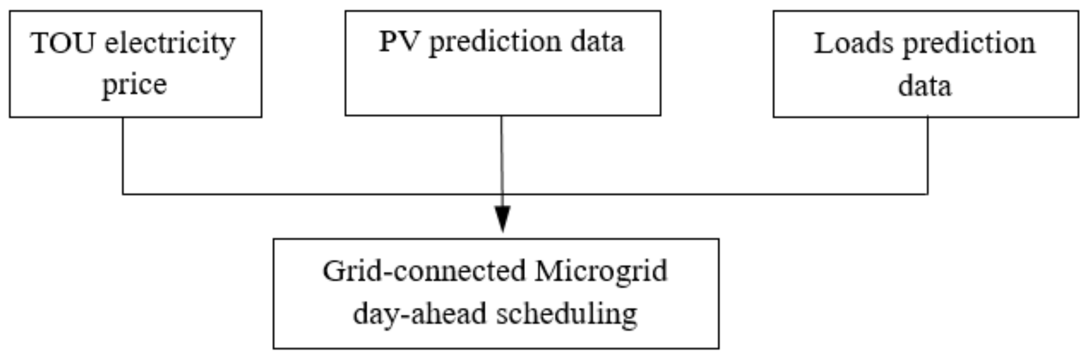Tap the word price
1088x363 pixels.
(134, 84)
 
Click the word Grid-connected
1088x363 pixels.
(424, 271)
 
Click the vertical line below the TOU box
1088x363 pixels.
(123, 156)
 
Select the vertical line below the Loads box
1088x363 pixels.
(928, 156)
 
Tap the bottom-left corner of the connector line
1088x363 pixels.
(123, 194)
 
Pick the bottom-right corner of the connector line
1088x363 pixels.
(928, 194)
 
